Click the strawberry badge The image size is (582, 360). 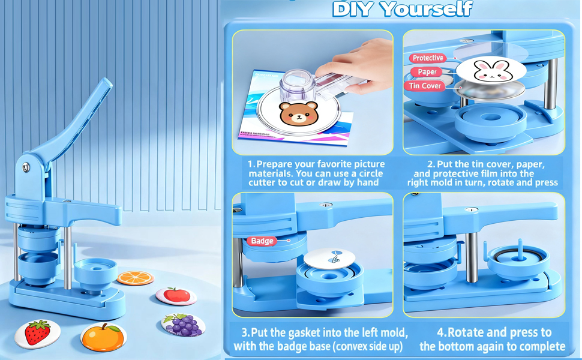pos(37,333)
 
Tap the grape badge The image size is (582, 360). pos(183,325)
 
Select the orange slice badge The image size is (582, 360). pos(136,278)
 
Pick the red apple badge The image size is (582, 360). pos(176,296)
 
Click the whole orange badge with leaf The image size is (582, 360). pos(104,337)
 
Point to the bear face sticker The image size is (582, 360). pos(299,113)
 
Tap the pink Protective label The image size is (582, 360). pos(428,58)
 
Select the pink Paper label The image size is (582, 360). pos(427,72)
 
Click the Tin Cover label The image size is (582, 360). pos(425,86)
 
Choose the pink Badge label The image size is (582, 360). pos(262,241)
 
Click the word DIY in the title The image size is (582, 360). pos(352,9)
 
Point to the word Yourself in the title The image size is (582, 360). pos(427,9)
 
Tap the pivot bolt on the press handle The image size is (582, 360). pos(26,167)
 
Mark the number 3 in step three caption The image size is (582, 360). pos(245,332)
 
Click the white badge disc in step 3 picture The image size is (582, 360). pos(329,258)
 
